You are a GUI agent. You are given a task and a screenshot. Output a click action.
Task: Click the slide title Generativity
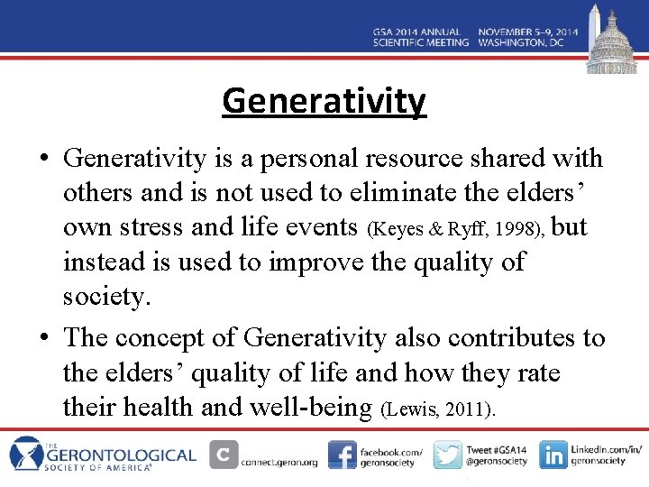[324, 101]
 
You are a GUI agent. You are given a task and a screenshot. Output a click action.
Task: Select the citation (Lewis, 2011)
[439, 409]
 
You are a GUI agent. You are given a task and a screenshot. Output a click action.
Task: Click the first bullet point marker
[44, 160]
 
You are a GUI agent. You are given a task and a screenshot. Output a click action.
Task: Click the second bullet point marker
[44, 338]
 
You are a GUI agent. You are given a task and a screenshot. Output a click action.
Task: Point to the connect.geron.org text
[279, 462]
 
